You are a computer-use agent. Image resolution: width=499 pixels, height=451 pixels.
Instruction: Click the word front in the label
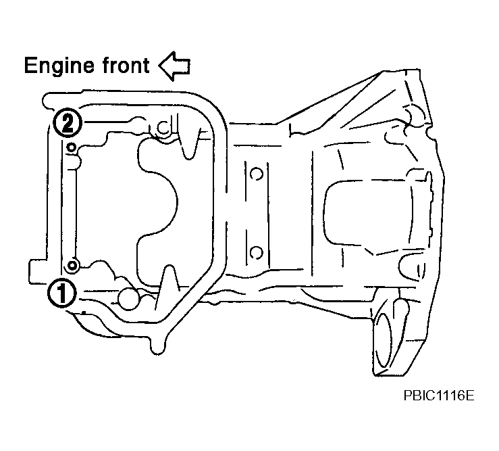126,66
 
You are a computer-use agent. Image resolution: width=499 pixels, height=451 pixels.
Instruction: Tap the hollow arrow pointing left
174,66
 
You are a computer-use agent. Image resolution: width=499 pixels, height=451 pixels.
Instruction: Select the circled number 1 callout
61,293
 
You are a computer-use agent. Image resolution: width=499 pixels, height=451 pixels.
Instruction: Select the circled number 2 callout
67,122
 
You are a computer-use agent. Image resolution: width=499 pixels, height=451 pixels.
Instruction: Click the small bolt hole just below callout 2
72,147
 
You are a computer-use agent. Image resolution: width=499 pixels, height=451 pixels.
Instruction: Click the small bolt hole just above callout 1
72,265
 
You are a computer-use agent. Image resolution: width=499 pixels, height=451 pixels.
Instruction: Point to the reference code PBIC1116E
439,396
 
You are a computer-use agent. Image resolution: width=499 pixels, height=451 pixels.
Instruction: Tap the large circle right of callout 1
128,299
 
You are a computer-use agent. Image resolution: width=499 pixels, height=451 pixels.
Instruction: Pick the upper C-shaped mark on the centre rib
256,174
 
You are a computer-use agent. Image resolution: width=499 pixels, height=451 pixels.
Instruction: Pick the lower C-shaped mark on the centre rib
256,252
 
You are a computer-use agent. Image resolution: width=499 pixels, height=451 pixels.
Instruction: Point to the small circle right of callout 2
163,128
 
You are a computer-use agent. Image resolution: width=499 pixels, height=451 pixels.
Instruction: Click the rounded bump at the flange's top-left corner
49,100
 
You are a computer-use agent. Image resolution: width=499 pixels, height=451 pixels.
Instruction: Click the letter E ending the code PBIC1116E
471,396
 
